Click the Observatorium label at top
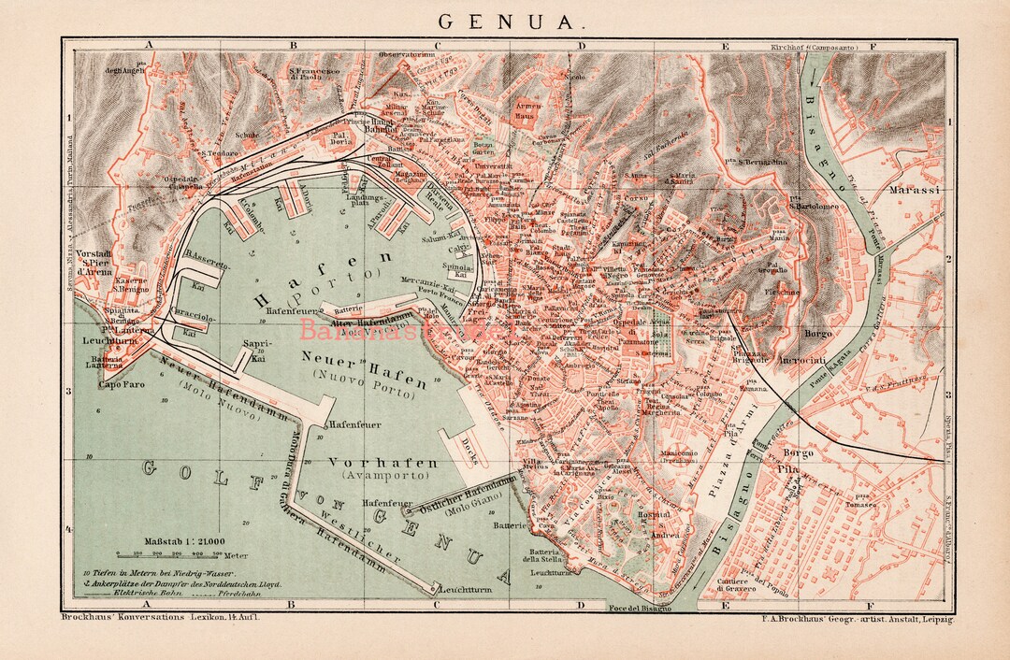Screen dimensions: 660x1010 pos(408,55)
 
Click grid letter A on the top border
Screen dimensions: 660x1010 pos(147,44)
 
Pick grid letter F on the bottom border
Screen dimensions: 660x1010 pos(871,605)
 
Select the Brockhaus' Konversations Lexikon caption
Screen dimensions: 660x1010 pos(159,617)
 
